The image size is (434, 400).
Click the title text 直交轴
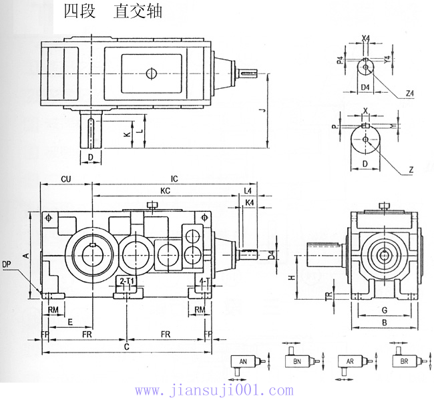(138, 11)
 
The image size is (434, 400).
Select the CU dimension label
(66, 179)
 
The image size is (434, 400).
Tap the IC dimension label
(174, 179)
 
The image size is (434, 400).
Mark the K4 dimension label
(249, 202)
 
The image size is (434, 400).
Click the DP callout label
(7, 264)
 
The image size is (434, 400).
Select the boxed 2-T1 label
(126, 282)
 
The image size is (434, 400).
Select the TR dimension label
(329, 296)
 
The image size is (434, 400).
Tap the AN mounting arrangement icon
(242, 362)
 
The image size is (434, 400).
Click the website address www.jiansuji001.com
(214, 390)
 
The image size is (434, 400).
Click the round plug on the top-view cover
(152, 73)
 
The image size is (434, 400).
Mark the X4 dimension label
(365, 38)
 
